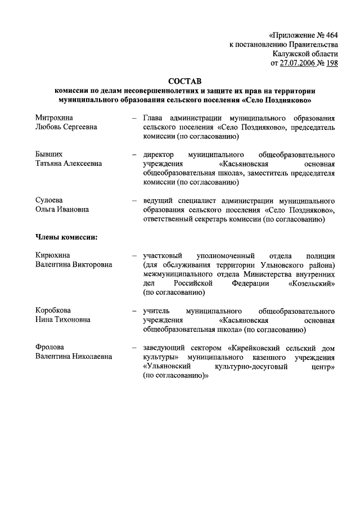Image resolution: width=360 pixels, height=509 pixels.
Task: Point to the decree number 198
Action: coord(331,63)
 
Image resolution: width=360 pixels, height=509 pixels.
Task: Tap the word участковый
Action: coord(165,255)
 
